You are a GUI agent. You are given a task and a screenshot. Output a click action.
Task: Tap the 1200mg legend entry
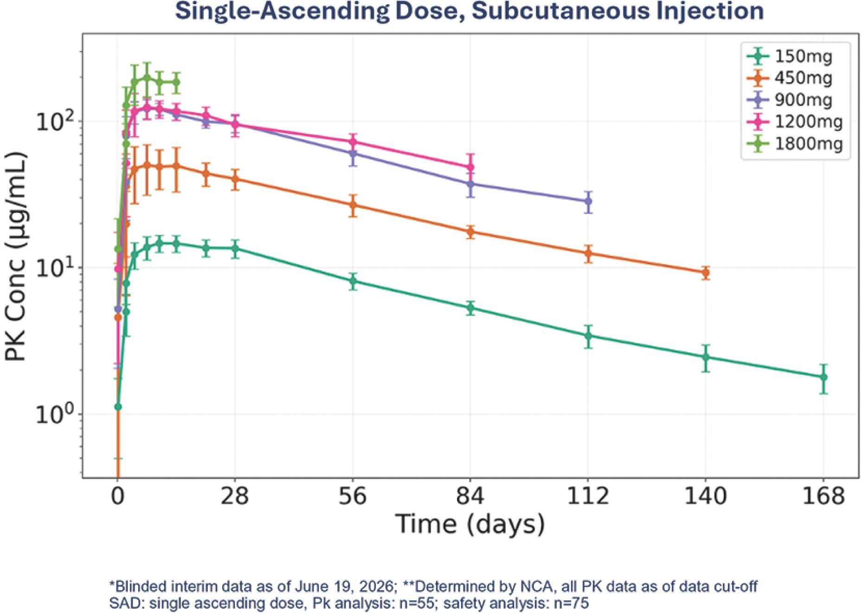(x=794, y=122)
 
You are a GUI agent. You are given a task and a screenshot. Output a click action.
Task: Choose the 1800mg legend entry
(x=794, y=143)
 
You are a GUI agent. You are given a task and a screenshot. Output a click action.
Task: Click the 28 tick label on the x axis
(x=235, y=496)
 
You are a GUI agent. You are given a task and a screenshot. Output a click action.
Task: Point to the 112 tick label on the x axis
(x=588, y=496)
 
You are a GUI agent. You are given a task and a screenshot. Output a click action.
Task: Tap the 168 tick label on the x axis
(x=824, y=496)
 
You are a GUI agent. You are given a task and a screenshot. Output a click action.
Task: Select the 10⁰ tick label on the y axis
(x=55, y=413)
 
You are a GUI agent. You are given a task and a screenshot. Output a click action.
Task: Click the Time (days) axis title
(x=470, y=525)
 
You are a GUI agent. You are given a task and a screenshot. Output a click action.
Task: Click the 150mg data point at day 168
(x=824, y=377)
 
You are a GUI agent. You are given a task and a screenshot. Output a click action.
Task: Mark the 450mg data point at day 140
(x=706, y=273)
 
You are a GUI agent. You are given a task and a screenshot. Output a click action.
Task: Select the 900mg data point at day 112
(x=588, y=201)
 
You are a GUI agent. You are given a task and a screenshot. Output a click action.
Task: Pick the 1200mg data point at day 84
(x=470, y=167)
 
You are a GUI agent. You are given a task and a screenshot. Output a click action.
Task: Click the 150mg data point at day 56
(x=353, y=281)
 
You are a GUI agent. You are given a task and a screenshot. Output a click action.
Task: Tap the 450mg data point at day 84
(x=470, y=232)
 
